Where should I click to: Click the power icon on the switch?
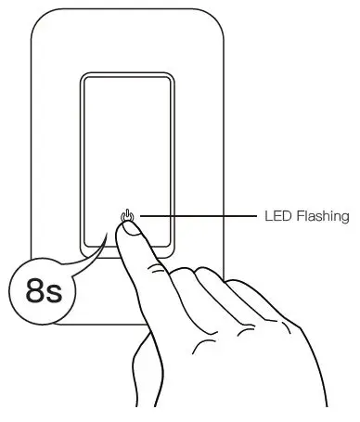coord(127,219)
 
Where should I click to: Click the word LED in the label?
coord(277,217)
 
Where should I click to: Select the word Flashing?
coord(321,217)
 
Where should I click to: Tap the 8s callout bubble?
coord(41,292)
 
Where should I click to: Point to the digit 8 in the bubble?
coord(32,293)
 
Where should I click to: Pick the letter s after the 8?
coord(52,296)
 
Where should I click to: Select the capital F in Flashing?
coord(298,217)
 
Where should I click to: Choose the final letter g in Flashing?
coord(343,219)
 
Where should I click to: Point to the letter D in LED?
coord(286,217)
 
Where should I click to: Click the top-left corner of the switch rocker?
coord(85,78)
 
